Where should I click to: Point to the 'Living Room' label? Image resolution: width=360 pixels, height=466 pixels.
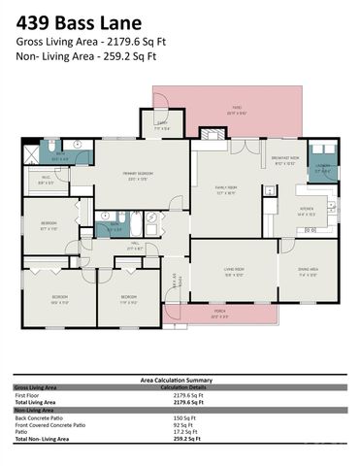coord(234,273)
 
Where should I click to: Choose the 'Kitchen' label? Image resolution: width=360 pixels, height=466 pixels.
coord(306,212)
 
